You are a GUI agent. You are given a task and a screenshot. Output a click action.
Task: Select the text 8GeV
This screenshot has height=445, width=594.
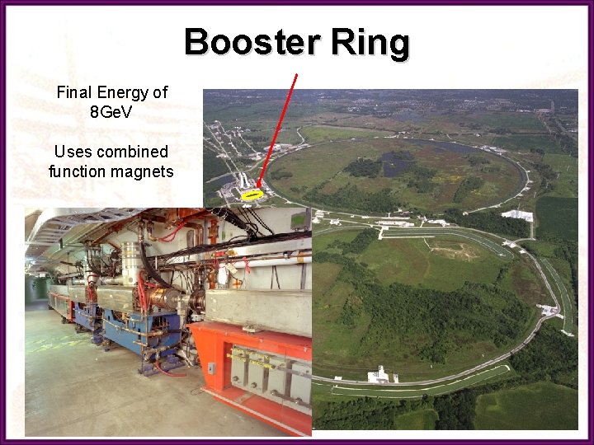111,112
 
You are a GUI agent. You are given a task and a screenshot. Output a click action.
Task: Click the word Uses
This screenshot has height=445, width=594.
72,152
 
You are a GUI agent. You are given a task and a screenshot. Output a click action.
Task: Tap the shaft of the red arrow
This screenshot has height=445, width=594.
276,132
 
